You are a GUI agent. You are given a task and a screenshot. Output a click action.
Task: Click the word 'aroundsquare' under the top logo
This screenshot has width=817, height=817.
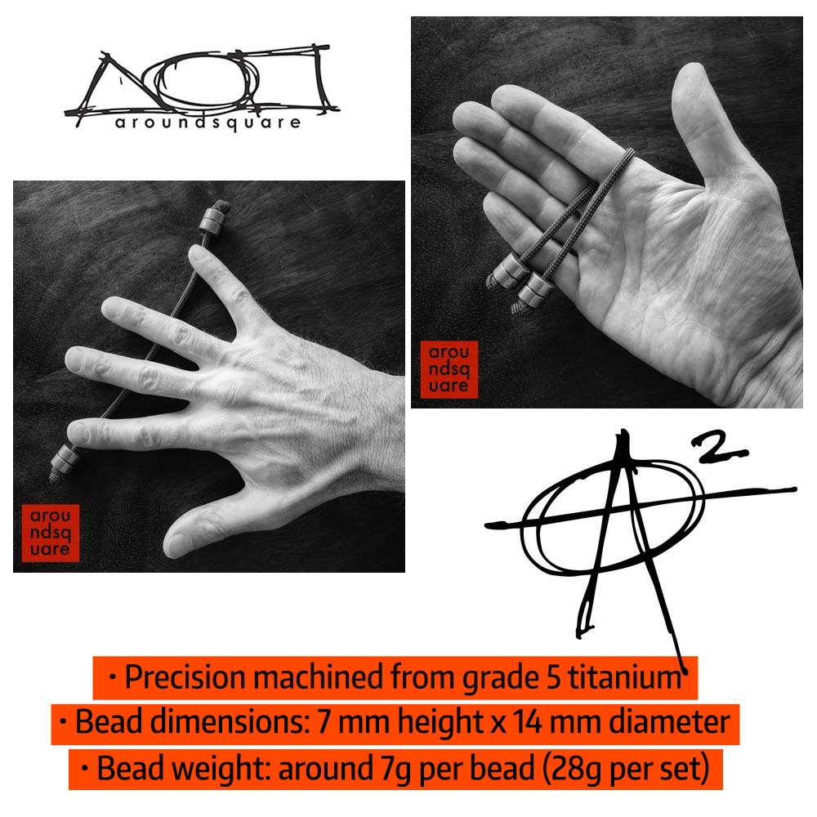coord(208,123)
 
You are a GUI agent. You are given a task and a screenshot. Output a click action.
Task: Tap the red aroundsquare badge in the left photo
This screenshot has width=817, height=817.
coord(51,533)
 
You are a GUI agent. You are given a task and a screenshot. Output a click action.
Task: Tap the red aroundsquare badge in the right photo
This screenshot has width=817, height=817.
coord(449,369)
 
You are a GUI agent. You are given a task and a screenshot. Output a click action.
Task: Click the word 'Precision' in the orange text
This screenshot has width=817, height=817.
coord(185,677)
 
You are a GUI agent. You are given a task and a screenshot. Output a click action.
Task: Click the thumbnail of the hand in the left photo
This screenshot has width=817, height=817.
coord(177,544)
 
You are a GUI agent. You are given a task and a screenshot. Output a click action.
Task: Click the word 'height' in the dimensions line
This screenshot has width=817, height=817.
coord(441,723)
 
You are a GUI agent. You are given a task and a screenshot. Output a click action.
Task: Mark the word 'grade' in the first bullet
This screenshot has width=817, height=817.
coord(501,679)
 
